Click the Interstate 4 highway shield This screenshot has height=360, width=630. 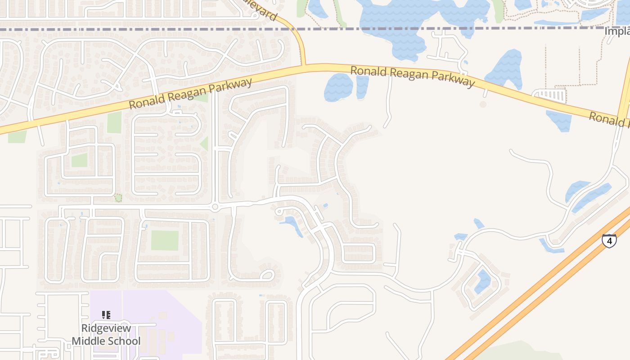609,241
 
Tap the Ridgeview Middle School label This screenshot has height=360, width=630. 106,334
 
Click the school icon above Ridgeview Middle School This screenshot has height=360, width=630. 106,315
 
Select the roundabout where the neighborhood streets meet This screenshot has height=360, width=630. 215,207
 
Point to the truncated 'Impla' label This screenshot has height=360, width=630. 616,31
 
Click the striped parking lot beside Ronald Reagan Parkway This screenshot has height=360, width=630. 549,96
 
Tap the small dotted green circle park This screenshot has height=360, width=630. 118,197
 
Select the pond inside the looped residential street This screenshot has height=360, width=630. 482,281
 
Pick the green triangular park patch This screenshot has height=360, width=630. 205,144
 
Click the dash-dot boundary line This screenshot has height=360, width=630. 180,29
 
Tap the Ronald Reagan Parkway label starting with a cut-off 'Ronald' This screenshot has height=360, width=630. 610,120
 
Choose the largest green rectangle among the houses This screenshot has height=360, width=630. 165,240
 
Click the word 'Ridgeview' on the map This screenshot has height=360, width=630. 106,328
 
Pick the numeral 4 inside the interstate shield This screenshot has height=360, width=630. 609,241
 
